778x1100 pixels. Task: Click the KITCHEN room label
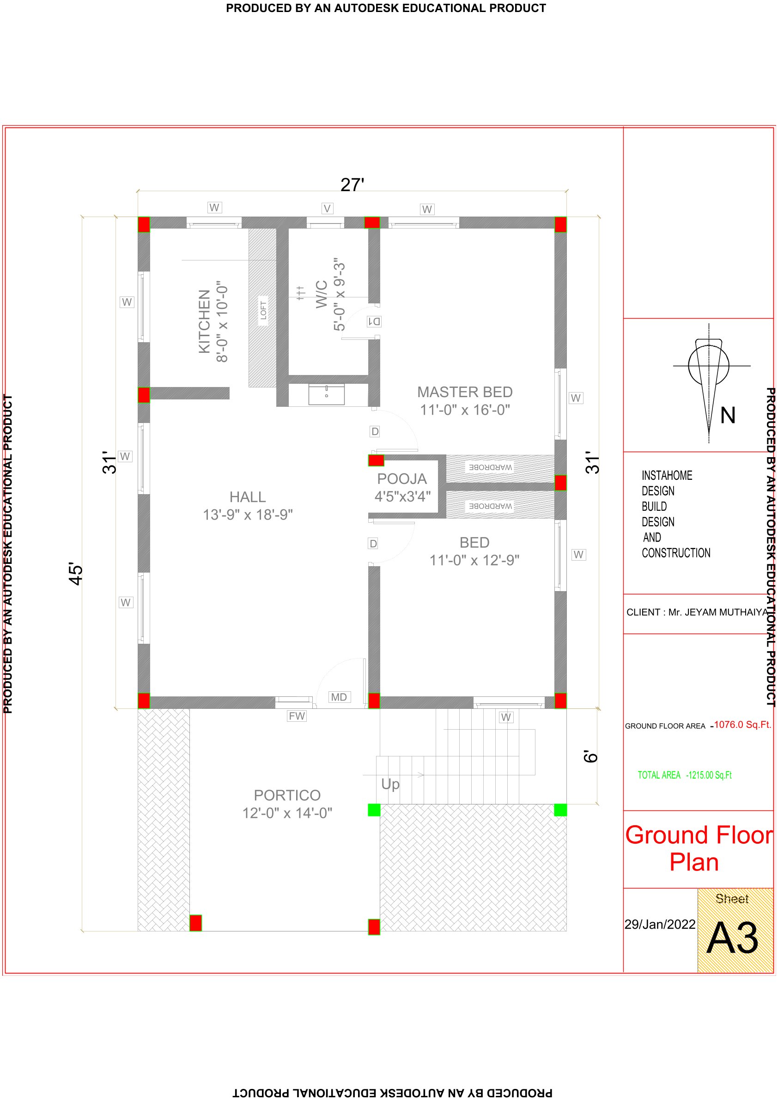click(204, 321)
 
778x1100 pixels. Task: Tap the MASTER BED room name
click(464, 392)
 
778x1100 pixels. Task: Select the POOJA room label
click(401, 478)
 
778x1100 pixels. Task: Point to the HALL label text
click(247, 497)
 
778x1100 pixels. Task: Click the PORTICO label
click(287, 795)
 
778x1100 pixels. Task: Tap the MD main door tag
click(339, 697)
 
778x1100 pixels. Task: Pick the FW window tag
click(297, 716)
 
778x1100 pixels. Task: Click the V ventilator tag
click(328, 208)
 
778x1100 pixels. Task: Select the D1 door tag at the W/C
click(374, 321)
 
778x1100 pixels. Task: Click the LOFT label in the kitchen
click(263, 310)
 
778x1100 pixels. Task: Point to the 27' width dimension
click(353, 185)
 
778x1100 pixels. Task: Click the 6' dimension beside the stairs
click(591, 756)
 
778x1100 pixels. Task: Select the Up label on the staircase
click(390, 784)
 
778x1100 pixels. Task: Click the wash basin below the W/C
click(327, 394)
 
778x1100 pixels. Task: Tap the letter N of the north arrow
click(728, 415)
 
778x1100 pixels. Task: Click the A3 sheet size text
click(732, 937)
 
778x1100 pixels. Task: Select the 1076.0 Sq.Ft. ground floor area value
click(742, 725)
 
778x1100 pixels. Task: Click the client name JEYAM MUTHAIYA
click(718, 612)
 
